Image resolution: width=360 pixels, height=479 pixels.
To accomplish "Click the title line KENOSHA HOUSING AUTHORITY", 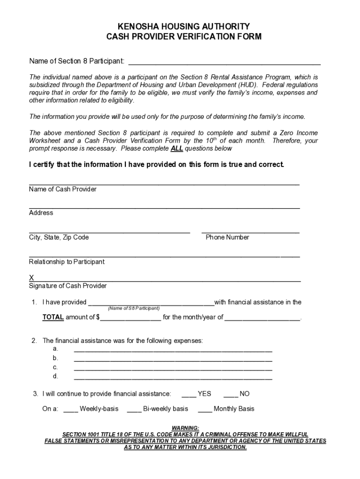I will coord(180,26).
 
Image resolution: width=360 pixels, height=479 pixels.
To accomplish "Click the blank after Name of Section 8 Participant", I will coord(224,62).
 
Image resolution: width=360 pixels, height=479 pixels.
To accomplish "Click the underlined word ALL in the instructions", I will coord(177,149).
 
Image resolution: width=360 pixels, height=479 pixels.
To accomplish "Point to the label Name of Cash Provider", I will coord(63,189).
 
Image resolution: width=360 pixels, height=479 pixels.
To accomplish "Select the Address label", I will coord(41,213).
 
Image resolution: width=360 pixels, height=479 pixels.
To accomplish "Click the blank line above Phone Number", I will coord(250,231).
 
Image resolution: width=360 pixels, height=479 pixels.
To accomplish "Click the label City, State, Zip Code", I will coord(59,237).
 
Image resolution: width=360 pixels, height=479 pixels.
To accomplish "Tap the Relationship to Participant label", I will coord(67,262).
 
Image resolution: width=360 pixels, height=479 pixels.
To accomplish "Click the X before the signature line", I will coord(31,278).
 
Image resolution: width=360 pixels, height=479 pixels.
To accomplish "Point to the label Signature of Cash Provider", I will coord(68,286).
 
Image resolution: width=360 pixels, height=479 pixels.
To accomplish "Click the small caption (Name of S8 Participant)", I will coord(134,309).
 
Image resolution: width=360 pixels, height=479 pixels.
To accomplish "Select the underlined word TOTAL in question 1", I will coord(53,317).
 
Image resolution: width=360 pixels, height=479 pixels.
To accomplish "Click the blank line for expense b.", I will coord(173,359).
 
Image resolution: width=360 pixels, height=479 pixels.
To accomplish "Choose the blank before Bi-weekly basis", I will coord(134,410).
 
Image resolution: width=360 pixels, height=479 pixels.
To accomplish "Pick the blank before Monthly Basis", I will coord(205,410).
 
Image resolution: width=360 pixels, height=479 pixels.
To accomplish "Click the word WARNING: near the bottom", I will coord(186,428).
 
